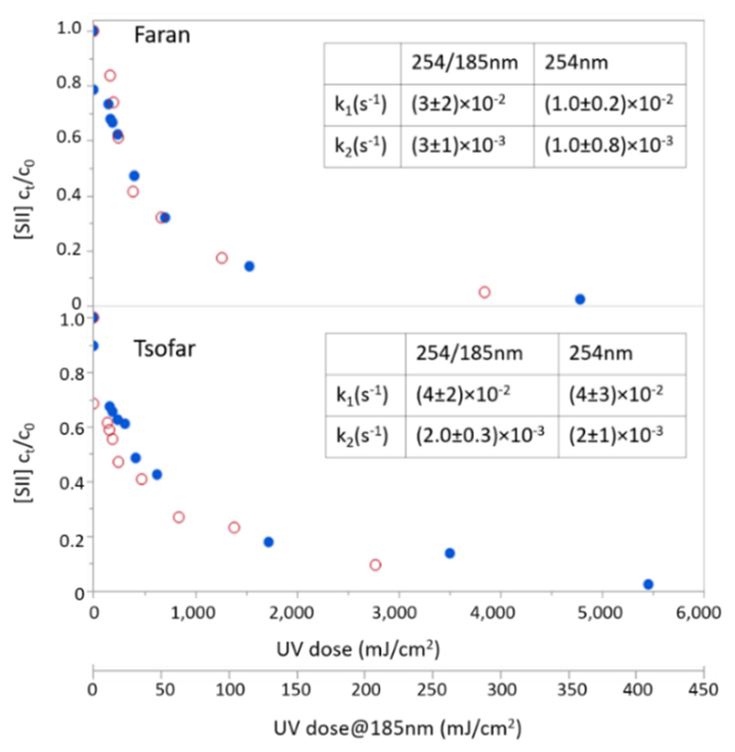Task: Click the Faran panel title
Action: click(162, 35)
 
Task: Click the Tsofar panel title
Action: click(165, 349)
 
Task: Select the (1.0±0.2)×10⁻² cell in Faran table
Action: click(609, 104)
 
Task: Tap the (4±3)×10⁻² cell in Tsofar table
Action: click(616, 395)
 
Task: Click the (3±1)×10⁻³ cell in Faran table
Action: click(458, 146)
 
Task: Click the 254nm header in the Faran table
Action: click(576, 63)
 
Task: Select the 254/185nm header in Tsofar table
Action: click(469, 353)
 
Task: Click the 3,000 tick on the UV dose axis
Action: click(399, 613)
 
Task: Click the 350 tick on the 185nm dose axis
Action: click(568, 689)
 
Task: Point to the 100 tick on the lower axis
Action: click(230, 689)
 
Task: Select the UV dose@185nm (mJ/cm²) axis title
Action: click(398, 728)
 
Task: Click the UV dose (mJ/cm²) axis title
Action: click(358, 649)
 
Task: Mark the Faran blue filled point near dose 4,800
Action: click(580, 299)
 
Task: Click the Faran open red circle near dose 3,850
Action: click(485, 292)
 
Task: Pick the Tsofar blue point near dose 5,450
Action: click(648, 584)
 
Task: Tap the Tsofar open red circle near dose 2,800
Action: click(375, 565)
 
